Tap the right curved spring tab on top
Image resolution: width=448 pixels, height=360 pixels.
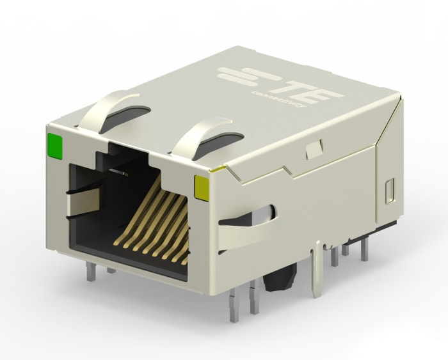tap(195, 134)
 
